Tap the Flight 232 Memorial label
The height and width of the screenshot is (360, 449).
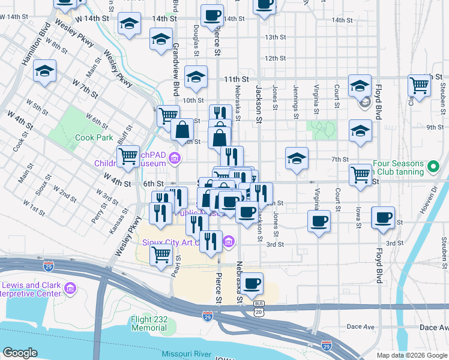149,324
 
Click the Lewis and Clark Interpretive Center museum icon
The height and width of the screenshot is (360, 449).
70,289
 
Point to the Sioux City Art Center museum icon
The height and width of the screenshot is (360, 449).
228,242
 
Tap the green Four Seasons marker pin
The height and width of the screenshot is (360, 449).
432,164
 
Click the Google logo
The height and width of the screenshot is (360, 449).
20,352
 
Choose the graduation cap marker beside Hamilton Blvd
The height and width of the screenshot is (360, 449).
45,71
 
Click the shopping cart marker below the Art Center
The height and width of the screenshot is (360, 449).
161,256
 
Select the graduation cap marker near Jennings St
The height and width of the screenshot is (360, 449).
297,158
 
